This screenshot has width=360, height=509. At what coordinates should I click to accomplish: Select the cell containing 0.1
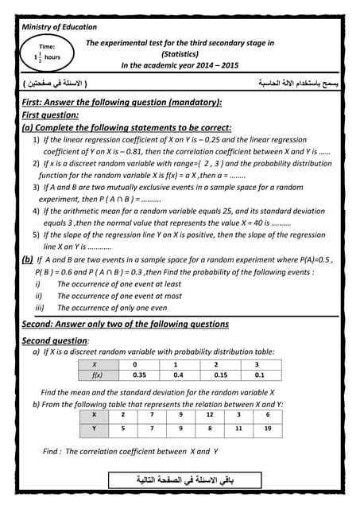[x=259, y=375]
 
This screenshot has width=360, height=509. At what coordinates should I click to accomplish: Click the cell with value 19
[x=268, y=429]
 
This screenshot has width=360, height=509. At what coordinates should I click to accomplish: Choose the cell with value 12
[x=209, y=415]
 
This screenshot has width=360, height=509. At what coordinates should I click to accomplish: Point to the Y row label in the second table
[x=95, y=429]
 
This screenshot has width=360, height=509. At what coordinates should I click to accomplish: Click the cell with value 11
[x=238, y=429]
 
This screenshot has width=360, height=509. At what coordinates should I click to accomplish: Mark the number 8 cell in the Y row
[x=209, y=429]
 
